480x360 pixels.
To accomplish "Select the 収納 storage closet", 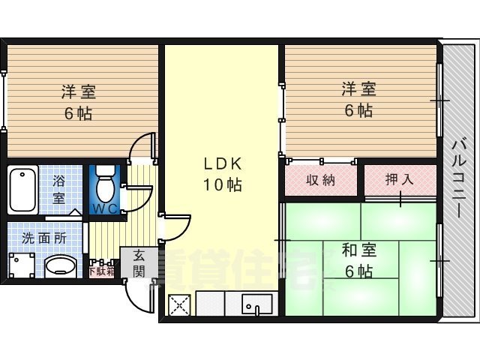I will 320,180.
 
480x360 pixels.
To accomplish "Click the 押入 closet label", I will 399,180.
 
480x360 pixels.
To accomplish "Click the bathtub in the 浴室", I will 24,190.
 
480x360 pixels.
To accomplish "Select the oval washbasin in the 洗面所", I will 60,266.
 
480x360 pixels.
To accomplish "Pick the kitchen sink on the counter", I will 257,306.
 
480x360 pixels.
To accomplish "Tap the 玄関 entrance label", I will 139,262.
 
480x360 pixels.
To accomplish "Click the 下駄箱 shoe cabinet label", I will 102,271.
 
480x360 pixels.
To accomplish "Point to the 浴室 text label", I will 58,190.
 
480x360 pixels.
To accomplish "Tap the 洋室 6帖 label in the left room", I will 79,103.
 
